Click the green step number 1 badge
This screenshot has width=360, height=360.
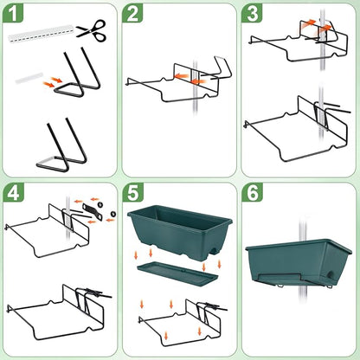tap(14, 14)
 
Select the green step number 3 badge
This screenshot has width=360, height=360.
tap(252, 14)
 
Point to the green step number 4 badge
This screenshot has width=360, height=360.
tap(14, 194)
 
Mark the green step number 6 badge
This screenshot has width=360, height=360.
tap(252, 194)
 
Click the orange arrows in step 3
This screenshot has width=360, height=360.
tap(324, 31)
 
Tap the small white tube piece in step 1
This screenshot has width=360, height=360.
tap(28, 80)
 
